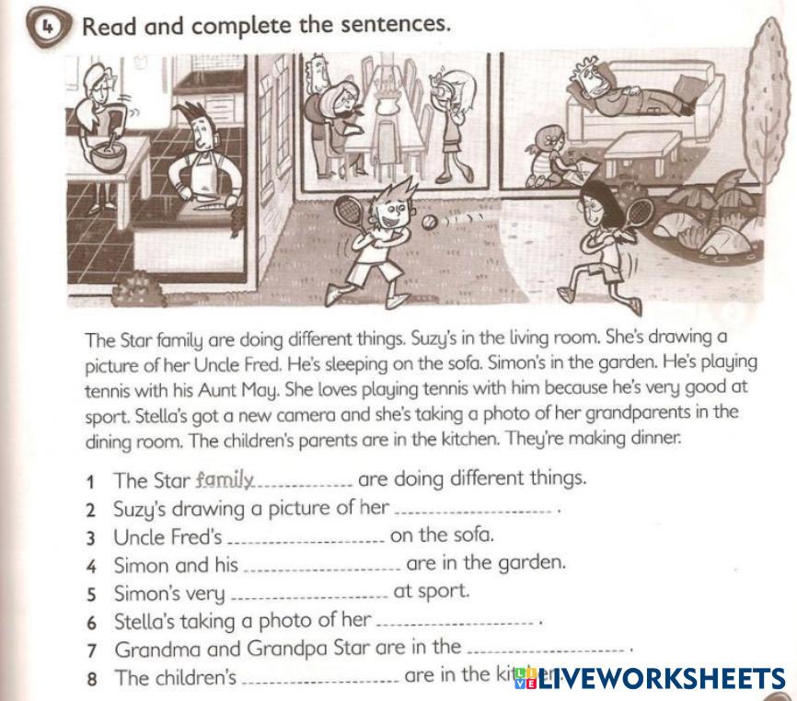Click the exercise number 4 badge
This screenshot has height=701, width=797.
(x=47, y=28)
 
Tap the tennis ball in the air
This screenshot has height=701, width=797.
(x=430, y=221)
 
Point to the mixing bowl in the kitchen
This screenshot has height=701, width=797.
(x=108, y=156)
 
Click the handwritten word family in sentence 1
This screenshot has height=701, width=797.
(x=225, y=479)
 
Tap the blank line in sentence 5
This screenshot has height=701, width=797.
(x=309, y=598)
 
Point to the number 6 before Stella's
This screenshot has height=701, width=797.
(x=91, y=623)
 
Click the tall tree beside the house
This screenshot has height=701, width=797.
(x=769, y=101)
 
